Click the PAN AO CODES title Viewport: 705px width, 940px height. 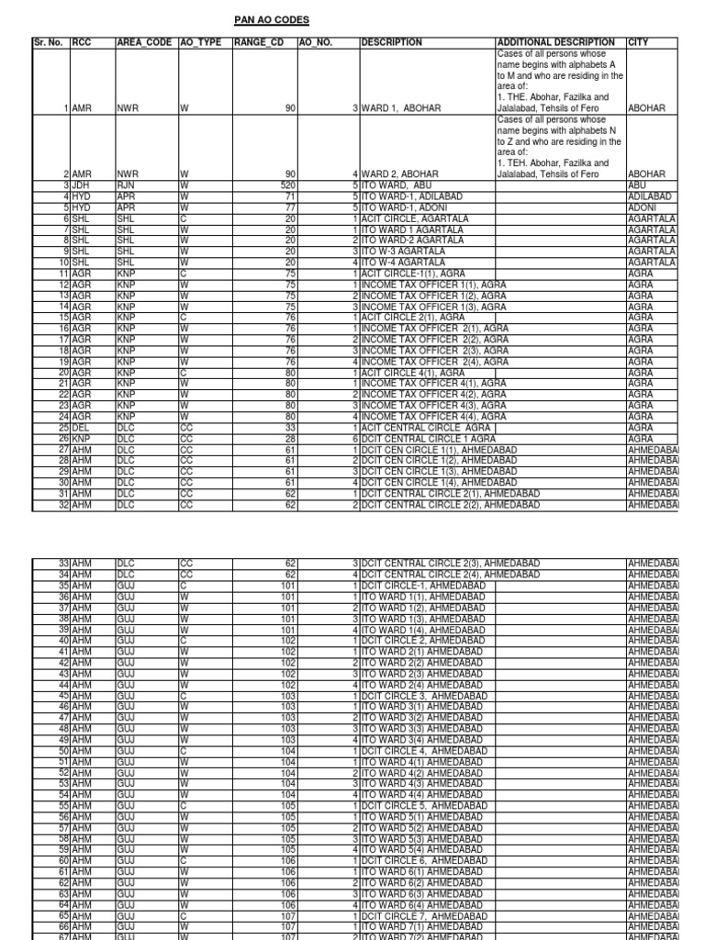(x=272, y=19)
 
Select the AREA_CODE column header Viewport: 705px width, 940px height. (x=145, y=42)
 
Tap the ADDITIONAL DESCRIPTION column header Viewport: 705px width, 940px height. (x=555, y=42)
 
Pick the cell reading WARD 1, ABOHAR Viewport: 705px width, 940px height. (x=402, y=108)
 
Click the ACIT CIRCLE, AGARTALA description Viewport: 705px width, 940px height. (x=415, y=218)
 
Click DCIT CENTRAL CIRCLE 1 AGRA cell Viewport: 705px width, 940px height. (x=428, y=438)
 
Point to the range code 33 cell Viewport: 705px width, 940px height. (x=290, y=427)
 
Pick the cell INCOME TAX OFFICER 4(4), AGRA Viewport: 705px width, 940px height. (x=434, y=416)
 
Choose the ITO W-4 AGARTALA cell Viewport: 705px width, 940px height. (x=403, y=263)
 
